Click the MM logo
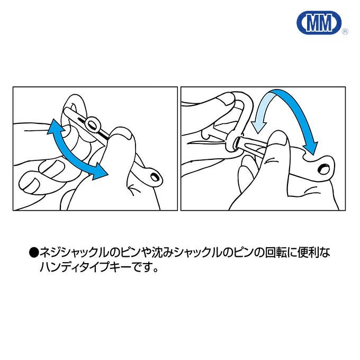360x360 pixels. coord(319,23)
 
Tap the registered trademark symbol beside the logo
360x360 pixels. coord(345,32)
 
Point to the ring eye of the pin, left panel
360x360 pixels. coord(93,124)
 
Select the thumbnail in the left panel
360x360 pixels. coord(126,136)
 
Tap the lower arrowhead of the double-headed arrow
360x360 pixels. coord(99,172)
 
